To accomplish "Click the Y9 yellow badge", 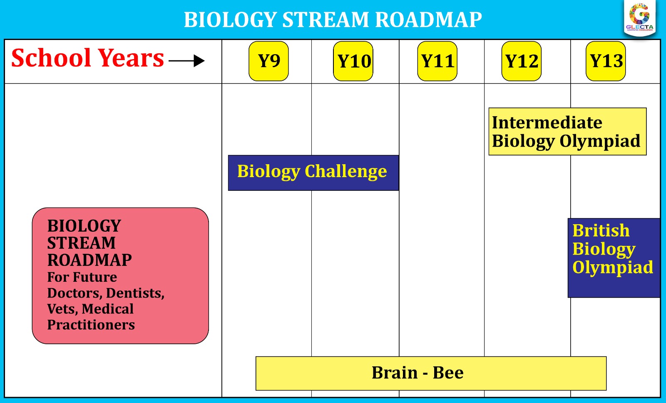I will point(268,61).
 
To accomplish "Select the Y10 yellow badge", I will point(353,61).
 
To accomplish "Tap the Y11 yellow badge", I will point(437,61).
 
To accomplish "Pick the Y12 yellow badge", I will point(521,61).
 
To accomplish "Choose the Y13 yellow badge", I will point(606,61).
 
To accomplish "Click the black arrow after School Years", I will point(187,61).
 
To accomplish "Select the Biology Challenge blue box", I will point(313,173).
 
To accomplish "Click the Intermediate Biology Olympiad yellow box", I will point(567,132).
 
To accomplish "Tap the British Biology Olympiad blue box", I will point(614,258).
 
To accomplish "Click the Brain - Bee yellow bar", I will point(430,373).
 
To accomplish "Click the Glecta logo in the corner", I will point(640,18).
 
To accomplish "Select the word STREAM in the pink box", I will point(81,243).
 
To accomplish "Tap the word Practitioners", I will point(91,325).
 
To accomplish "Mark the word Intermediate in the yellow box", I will point(547,123).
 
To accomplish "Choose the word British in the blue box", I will point(601,230).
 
